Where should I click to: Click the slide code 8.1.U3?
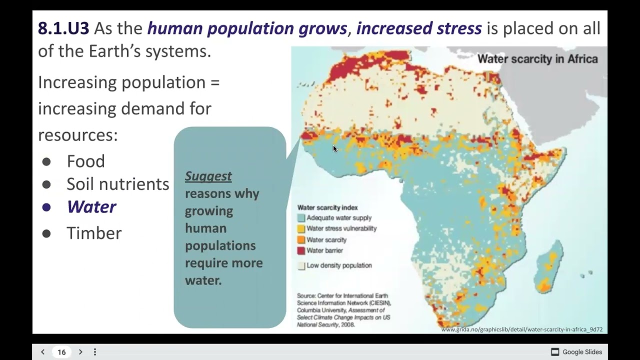[x=63, y=28]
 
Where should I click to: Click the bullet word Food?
[x=85, y=161]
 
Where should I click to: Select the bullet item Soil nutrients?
[x=117, y=184]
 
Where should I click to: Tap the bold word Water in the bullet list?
[x=91, y=207]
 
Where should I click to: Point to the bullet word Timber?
[x=94, y=233]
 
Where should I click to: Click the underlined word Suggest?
[x=208, y=176]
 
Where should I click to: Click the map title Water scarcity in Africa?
[x=537, y=59]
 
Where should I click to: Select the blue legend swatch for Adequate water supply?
[x=301, y=218]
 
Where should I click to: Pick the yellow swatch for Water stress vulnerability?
[x=301, y=229]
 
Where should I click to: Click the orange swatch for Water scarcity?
[x=301, y=240]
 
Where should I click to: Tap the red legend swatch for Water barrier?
[x=301, y=250]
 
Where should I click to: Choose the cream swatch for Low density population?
[x=301, y=266]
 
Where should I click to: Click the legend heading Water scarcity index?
[x=327, y=207]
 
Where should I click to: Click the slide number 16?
[x=61, y=352]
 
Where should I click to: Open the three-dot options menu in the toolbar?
[x=95, y=352]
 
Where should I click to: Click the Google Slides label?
[x=582, y=352]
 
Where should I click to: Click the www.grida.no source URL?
[x=521, y=329]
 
